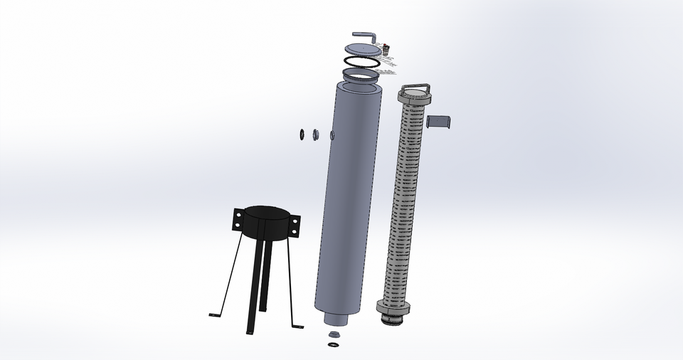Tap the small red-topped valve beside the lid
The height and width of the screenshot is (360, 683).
point(386,50)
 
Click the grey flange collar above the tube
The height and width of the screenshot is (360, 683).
point(361,74)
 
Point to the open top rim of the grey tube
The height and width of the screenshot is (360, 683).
point(356,85)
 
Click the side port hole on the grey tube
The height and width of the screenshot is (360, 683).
point(332,135)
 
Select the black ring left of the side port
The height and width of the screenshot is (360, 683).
point(302,133)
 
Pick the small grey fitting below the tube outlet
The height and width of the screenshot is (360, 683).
point(333,334)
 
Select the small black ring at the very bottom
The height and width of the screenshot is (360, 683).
point(333,345)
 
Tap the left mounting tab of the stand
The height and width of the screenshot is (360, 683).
point(238,220)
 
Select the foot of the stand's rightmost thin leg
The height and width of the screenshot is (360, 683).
point(298,325)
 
